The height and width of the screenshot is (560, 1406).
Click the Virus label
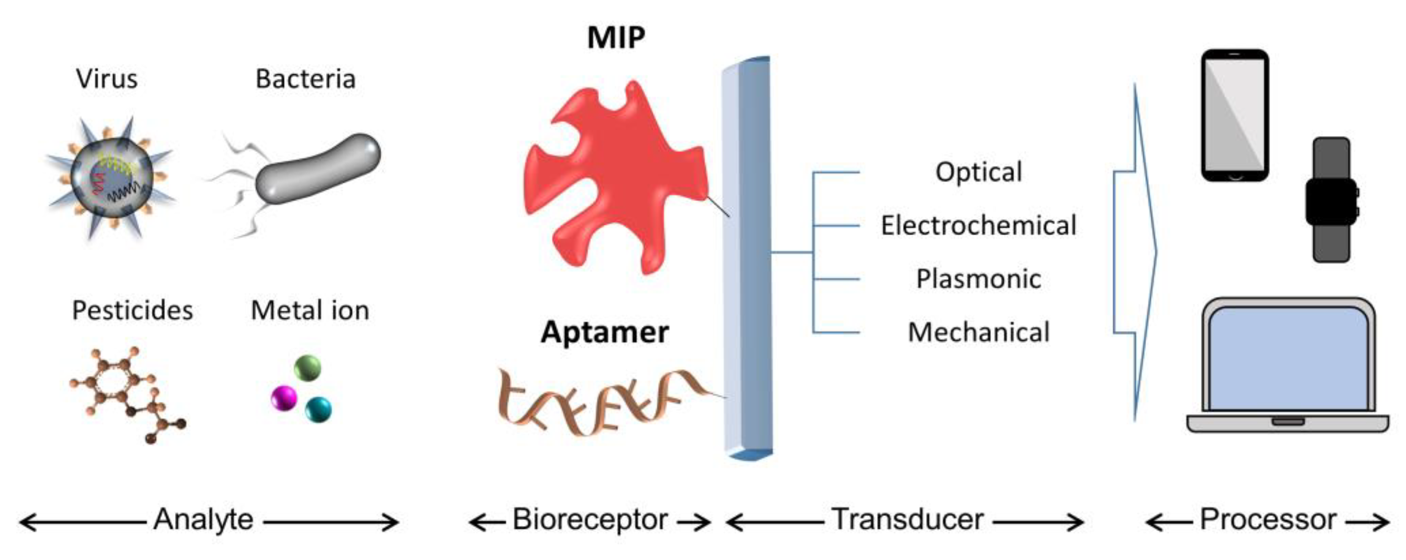tap(107, 79)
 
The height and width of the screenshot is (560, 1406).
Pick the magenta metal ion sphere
tap(284, 398)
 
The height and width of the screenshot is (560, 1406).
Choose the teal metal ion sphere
tap(318, 410)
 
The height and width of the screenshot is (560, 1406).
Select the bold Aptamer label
tap(605, 332)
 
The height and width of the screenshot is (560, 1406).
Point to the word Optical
tap(978, 172)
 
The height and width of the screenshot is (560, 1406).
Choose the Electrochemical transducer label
tap(978, 226)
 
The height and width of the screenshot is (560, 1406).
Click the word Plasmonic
tap(978, 279)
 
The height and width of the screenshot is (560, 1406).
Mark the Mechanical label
tap(978, 332)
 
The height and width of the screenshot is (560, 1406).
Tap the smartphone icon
tap(1235, 115)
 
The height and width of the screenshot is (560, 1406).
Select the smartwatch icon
tap(1331, 199)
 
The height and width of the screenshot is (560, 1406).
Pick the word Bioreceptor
tap(590, 519)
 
